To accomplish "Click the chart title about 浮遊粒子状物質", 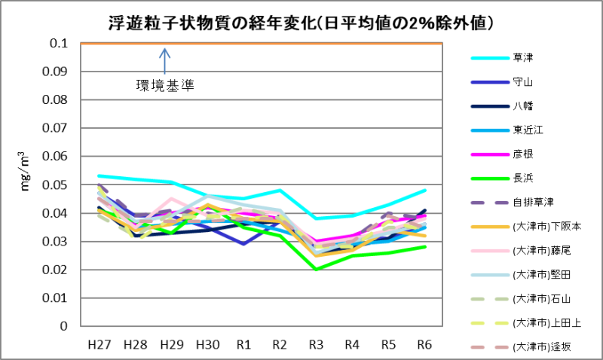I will [301, 23].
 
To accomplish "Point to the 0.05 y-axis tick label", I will [57, 185].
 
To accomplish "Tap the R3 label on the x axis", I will [317, 344].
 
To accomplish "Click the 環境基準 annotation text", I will [165, 85].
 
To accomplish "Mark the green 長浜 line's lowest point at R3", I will [317, 269].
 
